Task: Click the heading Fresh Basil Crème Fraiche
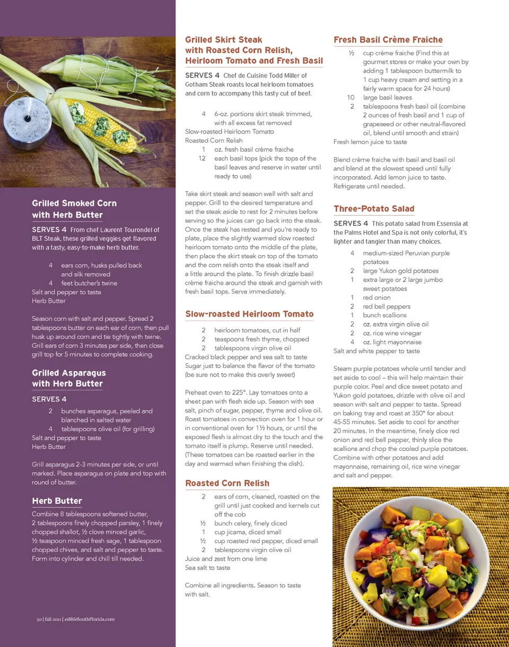coord(388,40)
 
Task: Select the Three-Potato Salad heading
coord(374,209)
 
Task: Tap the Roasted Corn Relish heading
coord(227,483)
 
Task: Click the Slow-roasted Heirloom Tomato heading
coord(249,314)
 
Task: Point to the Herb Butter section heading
coord(57,501)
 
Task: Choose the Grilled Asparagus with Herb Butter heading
coord(68,378)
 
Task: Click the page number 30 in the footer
coord(39,619)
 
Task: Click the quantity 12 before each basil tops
coord(202,158)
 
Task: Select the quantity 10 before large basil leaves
coord(350,98)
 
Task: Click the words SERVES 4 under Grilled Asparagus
coord(49,399)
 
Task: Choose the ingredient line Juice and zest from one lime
coord(226,558)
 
